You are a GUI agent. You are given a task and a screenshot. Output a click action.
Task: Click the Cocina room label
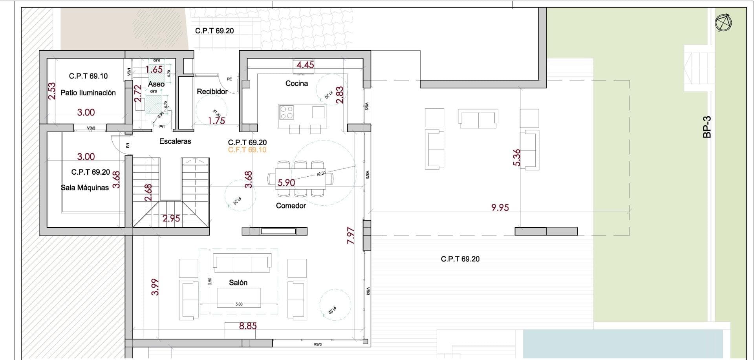[x=296, y=83]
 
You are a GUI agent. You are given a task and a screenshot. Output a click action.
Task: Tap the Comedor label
[x=291, y=206]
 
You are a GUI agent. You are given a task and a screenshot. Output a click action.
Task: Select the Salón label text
[x=238, y=283]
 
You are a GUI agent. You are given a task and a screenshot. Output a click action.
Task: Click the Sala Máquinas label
[x=85, y=188]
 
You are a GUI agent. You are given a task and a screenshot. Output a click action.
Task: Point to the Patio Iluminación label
[x=88, y=93]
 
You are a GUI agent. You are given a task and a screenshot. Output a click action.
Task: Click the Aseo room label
[x=156, y=84]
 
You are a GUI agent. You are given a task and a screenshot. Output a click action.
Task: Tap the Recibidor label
[x=212, y=91]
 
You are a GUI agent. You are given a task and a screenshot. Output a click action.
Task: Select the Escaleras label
[x=175, y=141]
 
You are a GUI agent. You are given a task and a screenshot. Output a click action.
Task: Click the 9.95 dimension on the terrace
[x=500, y=207]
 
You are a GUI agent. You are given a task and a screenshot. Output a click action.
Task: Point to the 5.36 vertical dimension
[x=517, y=157]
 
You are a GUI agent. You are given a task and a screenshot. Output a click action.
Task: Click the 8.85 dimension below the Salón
[x=248, y=326]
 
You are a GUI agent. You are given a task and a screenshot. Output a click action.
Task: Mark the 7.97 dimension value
[x=351, y=236]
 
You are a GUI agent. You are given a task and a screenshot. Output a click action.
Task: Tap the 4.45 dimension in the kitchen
[x=305, y=65]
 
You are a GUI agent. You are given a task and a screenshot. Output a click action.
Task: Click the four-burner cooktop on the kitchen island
[x=286, y=112]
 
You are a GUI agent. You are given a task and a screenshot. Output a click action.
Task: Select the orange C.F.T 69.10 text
[x=247, y=150]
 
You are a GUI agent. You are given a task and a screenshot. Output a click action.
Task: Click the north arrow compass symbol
[x=723, y=23]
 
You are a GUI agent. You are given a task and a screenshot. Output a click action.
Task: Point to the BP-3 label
[x=707, y=127]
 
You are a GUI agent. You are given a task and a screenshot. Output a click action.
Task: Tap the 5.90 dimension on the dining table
[x=286, y=183]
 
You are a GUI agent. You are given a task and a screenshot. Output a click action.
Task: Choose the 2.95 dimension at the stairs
[x=171, y=218]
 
